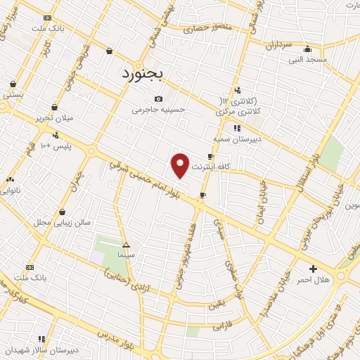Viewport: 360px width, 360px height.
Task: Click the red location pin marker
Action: click(x=181, y=165)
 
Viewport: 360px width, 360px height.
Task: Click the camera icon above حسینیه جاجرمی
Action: click(x=158, y=98)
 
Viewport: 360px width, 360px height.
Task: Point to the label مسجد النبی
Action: click(x=307, y=60)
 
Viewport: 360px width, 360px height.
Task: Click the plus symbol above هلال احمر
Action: click(x=313, y=269)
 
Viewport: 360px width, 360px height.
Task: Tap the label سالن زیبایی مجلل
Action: click(x=63, y=222)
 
